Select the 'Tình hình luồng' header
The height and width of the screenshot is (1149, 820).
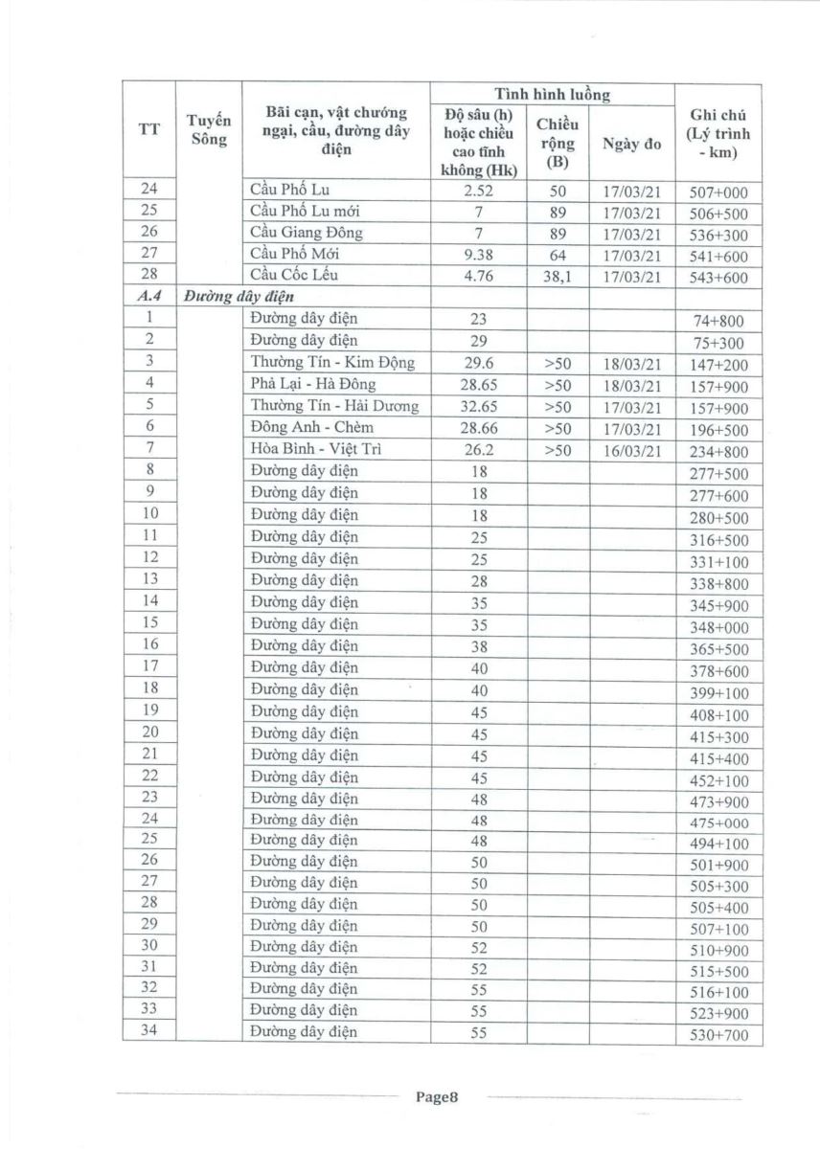click(x=552, y=95)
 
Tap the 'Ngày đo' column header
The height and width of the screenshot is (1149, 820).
click(x=631, y=145)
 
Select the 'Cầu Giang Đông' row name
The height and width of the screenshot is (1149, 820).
click(x=306, y=233)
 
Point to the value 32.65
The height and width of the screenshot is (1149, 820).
click(x=480, y=406)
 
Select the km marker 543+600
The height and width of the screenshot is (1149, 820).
click(x=718, y=278)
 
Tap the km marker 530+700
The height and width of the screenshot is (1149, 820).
click(x=718, y=1035)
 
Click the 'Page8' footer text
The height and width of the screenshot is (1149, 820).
click(x=438, y=1097)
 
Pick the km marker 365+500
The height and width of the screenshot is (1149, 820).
click(x=718, y=649)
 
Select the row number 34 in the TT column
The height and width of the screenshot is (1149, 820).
click(x=149, y=1032)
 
